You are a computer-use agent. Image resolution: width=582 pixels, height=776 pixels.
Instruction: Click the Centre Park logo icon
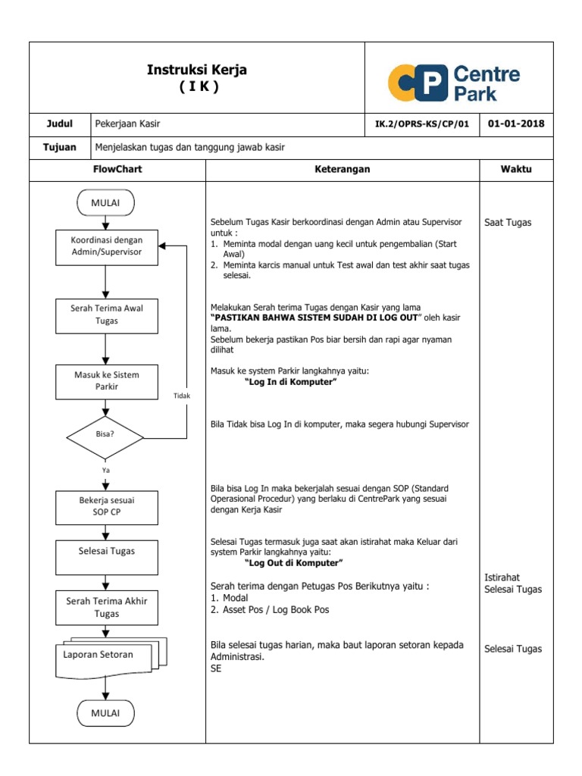point(416,83)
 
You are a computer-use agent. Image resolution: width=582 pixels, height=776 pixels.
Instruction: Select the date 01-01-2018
point(516,124)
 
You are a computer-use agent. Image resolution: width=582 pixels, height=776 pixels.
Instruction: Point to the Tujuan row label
point(60,147)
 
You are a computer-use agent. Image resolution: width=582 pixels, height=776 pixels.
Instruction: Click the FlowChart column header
point(117,169)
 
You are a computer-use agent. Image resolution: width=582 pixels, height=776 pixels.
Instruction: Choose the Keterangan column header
point(343,169)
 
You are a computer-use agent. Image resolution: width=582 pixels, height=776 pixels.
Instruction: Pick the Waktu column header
point(516,169)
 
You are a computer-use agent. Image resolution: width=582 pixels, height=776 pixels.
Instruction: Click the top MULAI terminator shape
point(106,203)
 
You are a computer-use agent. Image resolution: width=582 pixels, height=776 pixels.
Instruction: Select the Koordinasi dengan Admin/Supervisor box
point(107,246)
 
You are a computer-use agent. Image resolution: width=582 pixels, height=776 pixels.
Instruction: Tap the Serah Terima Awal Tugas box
point(107,314)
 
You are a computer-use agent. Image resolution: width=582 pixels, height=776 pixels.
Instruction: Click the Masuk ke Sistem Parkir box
point(107,380)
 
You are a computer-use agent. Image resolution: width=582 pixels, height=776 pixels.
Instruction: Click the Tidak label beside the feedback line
point(182,396)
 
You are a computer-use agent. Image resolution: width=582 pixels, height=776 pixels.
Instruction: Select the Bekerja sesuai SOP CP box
point(107,506)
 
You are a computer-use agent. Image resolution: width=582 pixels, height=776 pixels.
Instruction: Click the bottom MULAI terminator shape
point(106,713)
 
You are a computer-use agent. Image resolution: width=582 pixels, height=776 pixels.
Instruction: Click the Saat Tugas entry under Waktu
point(508,223)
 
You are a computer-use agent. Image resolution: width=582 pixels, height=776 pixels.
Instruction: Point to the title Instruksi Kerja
point(197,70)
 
